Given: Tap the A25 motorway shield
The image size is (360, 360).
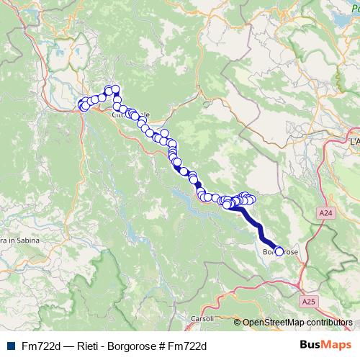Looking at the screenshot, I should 307,301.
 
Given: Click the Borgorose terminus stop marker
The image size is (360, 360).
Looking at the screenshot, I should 279,251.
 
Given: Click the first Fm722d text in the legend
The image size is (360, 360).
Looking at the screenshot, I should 38,346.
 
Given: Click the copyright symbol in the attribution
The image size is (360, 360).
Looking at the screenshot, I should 237,322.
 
